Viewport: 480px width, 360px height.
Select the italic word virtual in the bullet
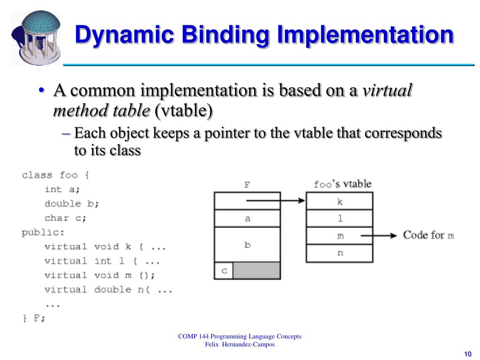tap(388, 90)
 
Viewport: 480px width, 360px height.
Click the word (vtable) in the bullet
tap(184, 111)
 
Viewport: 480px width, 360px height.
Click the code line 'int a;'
tap(62, 190)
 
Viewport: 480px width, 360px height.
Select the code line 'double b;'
tap(72, 204)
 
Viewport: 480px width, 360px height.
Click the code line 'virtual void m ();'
tap(99, 275)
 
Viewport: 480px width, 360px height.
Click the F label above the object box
tap(247, 185)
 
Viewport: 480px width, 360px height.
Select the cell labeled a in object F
tap(247, 219)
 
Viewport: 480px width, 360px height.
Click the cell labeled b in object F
tap(247, 245)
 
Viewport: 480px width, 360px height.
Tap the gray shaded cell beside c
tap(256, 271)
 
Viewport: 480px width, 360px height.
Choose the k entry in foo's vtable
tap(339, 202)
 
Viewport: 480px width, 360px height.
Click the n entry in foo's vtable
tap(339, 253)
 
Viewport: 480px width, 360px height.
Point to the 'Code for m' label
tap(428, 235)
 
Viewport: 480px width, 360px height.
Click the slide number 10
tap(467, 353)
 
